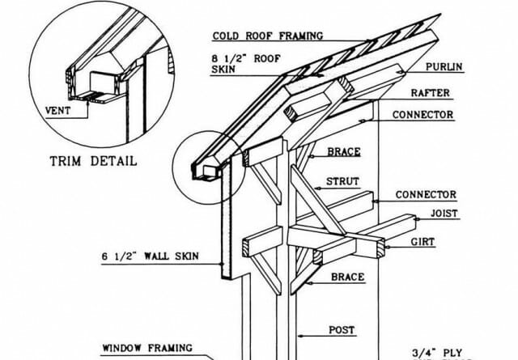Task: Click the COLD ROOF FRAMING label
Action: pyautogui.click(x=268, y=36)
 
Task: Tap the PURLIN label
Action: pyautogui.click(x=444, y=67)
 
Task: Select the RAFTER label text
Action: pyautogui.click(x=431, y=93)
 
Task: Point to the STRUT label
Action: pyautogui.click(x=342, y=181)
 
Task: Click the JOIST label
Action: pyautogui.click(x=444, y=214)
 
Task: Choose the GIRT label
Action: pyautogui.click(x=422, y=242)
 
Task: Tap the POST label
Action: pyautogui.click(x=342, y=330)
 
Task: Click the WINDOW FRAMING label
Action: pyautogui.click(x=147, y=348)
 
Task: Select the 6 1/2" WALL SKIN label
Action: pyautogui.click(x=151, y=256)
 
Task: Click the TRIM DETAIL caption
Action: pyautogui.click(x=94, y=161)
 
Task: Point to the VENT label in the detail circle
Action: pyautogui.click(x=57, y=111)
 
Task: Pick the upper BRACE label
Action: pyautogui.click(x=344, y=152)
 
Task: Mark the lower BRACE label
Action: pyautogui.click(x=348, y=277)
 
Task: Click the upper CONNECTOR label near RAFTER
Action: pyautogui.click(x=422, y=115)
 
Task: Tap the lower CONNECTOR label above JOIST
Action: pyautogui.click(x=426, y=195)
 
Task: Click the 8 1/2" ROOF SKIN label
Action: pyautogui.click(x=246, y=64)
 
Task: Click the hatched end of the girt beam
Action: pyautogui.click(x=381, y=248)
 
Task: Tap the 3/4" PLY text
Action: pyautogui.click(x=437, y=353)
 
